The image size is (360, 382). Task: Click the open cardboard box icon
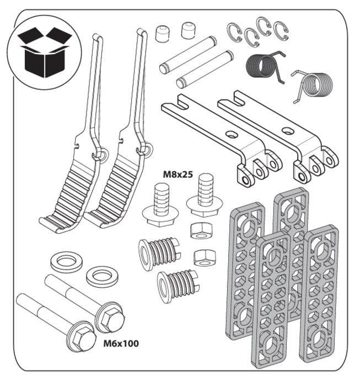click(x=45, y=52)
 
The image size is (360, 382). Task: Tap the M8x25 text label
click(x=178, y=174)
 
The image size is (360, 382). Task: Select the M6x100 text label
click(x=121, y=343)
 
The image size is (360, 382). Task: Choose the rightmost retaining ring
click(x=281, y=30)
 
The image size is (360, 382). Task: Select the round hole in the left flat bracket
click(x=231, y=134)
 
